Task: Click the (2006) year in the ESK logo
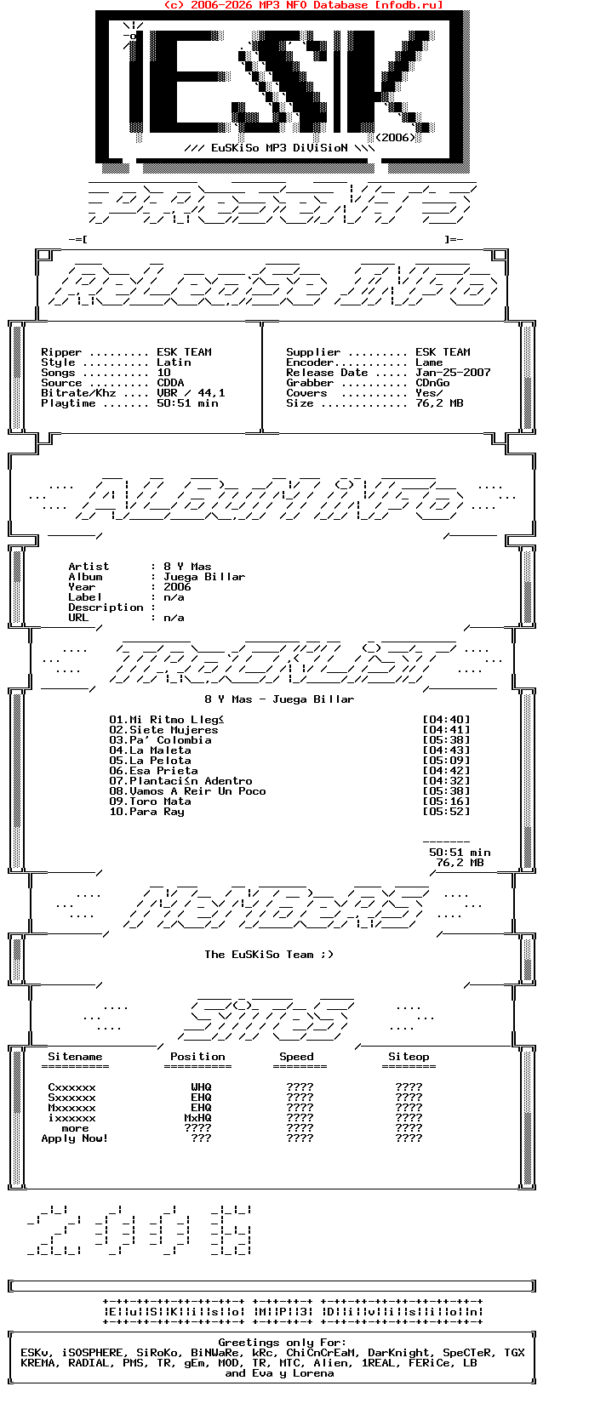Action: [395, 137]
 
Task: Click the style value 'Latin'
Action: [174, 362]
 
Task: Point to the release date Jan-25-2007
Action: [453, 373]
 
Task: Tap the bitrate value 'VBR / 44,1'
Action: [191, 393]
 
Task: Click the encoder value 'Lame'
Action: [429, 362]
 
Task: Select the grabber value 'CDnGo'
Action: [432, 383]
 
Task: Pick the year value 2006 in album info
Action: [177, 587]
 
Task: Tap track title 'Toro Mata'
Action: [160, 801]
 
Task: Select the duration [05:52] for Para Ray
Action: [446, 812]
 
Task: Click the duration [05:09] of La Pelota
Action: [446, 761]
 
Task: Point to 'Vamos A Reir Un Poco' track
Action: [197, 791]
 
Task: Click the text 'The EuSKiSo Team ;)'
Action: [269, 955]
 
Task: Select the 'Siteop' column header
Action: [409, 1057]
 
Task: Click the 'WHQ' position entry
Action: [201, 1087]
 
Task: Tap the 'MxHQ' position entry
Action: [197, 1118]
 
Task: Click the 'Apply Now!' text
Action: [75, 1138]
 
